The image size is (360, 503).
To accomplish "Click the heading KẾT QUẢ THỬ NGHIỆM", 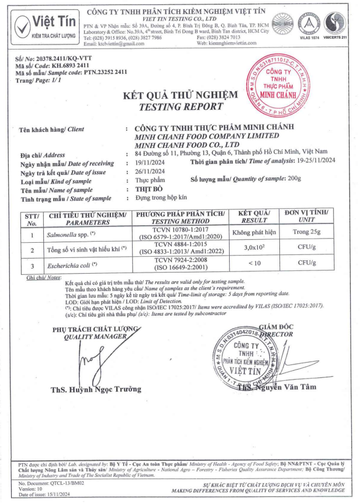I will pyautogui.click(x=181, y=95).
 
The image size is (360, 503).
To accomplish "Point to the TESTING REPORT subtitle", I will pyautogui.click(x=181, y=106).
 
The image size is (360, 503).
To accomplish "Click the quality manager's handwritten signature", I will pyautogui.click(x=86, y=361).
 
